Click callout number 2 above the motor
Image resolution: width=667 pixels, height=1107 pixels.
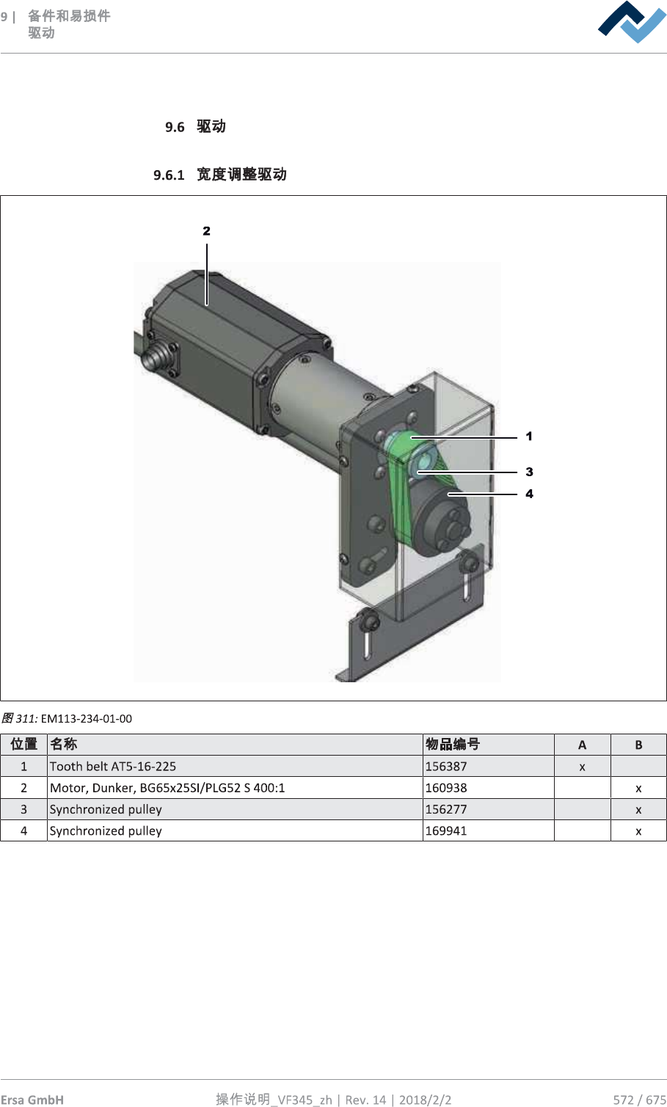point(207,231)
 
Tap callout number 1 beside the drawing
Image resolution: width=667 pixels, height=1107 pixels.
point(529,436)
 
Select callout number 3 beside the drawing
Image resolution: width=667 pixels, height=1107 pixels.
point(529,472)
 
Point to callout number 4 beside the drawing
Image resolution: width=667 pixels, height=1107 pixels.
point(529,493)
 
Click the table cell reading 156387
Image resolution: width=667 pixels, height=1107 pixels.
point(446,766)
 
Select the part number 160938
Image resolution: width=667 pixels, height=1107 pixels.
point(446,787)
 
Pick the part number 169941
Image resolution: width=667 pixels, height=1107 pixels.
point(446,830)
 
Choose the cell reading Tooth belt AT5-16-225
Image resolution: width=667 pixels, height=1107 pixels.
point(113,766)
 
